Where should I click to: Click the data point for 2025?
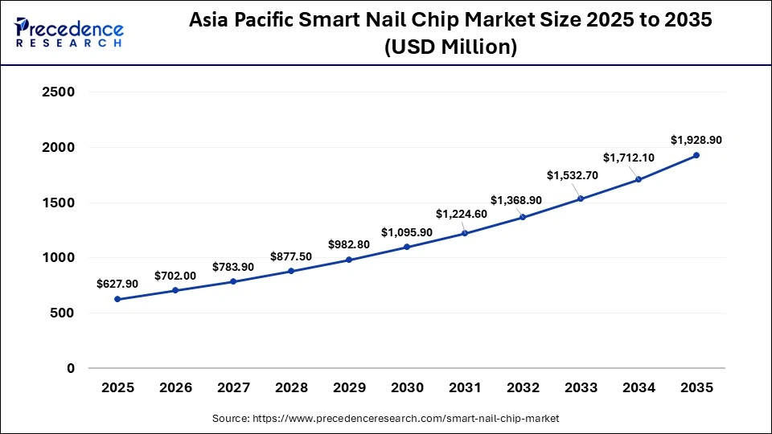118,299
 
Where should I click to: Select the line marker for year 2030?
407,247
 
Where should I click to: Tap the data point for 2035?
696,155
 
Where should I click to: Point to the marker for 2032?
523,217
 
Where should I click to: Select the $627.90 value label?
117,284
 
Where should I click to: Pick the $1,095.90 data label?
406,231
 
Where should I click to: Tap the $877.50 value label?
290,256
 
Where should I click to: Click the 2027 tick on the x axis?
233,387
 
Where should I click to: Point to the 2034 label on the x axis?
639,387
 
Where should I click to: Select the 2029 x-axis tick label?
349,387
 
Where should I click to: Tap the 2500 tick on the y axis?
58,92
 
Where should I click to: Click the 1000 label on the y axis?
58,258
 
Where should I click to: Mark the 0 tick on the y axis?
71,369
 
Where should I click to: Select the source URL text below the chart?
385,419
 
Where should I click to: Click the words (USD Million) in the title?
450,47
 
